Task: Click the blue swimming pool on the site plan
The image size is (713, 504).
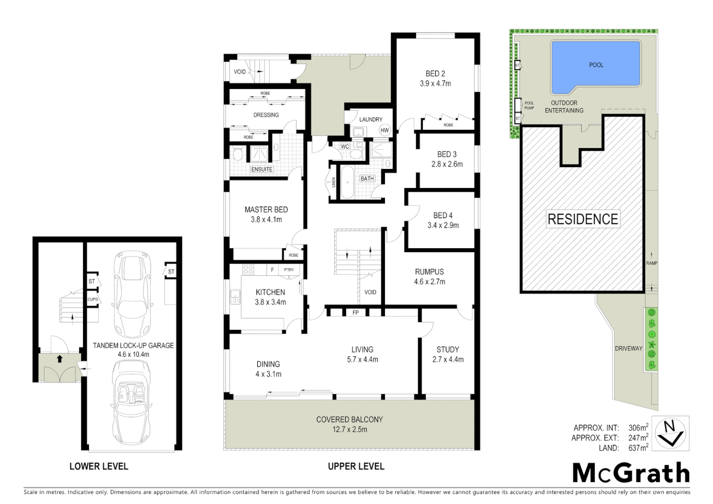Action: coord(595,65)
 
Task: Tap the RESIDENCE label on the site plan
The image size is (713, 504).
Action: coord(582,219)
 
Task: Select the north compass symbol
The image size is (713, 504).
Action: coord(670,433)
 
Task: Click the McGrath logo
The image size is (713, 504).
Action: coord(631,473)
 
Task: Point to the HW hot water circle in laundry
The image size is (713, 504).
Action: coord(384,131)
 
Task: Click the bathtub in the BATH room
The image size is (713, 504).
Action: coord(348,182)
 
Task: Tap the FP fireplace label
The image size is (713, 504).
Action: coord(356,312)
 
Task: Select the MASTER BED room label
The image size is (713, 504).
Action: coord(266,210)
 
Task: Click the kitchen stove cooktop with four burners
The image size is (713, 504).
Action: coord(248,270)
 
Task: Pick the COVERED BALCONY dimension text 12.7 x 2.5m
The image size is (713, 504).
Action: coord(350,429)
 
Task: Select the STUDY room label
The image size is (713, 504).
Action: coord(447,349)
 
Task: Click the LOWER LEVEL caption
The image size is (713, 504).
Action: coord(98,466)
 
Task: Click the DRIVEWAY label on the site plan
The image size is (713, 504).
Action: coord(628,348)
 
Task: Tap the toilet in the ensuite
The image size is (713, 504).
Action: coord(238,154)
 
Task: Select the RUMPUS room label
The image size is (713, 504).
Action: coord(429,272)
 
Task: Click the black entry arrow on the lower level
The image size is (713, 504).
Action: coord(60,359)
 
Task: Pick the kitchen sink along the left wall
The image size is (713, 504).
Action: coord(235,295)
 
